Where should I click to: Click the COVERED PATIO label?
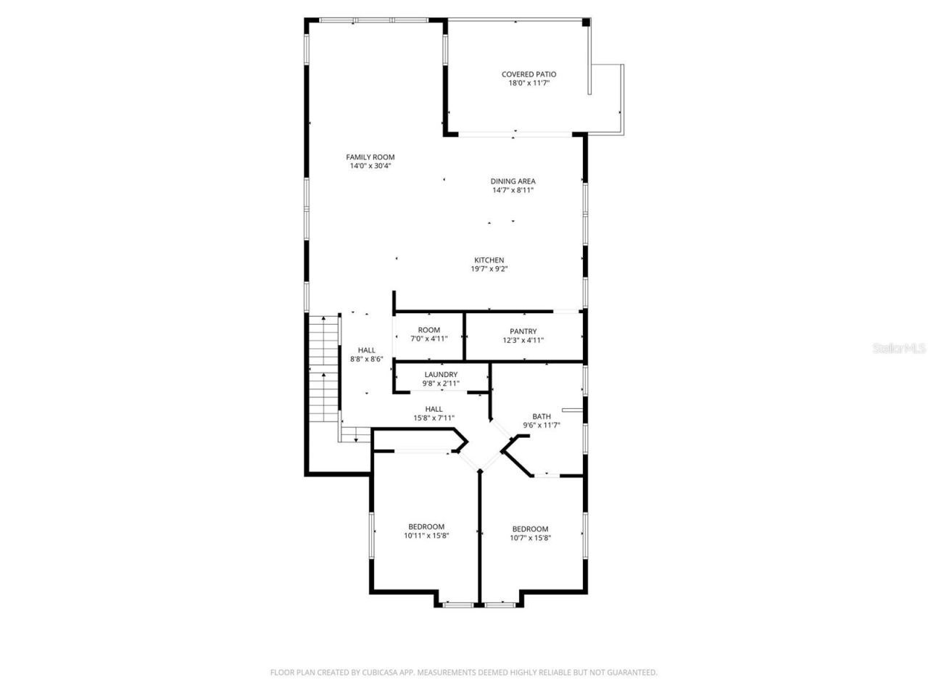pyautogui.click(x=529, y=74)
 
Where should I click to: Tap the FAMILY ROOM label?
pyautogui.click(x=370, y=157)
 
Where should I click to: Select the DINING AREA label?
pyautogui.click(x=513, y=181)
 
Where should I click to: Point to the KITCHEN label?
pyautogui.click(x=489, y=260)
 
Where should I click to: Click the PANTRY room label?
pyautogui.click(x=523, y=331)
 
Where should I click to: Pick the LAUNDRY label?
pyautogui.click(x=441, y=375)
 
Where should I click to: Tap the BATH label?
pyautogui.click(x=542, y=416)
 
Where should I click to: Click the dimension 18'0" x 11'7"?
pyautogui.click(x=529, y=83)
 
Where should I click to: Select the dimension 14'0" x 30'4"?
pyautogui.click(x=370, y=166)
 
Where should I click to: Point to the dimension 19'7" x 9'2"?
pyautogui.click(x=489, y=269)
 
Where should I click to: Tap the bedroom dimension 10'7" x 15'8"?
pyautogui.click(x=530, y=538)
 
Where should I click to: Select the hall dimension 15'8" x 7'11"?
pyautogui.click(x=434, y=418)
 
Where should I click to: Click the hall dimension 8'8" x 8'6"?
pyautogui.click(x=366, y=359)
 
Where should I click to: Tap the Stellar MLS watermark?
pyautogui.click(x=899, y=349)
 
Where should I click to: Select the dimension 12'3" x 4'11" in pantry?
pyautogui.click(x=523, y=340)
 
